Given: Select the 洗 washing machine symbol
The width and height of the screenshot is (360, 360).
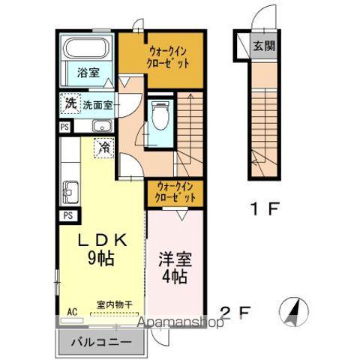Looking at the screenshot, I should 70,103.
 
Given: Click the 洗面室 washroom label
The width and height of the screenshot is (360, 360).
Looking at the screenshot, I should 97,105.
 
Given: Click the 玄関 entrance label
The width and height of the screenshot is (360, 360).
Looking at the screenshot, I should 263,46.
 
